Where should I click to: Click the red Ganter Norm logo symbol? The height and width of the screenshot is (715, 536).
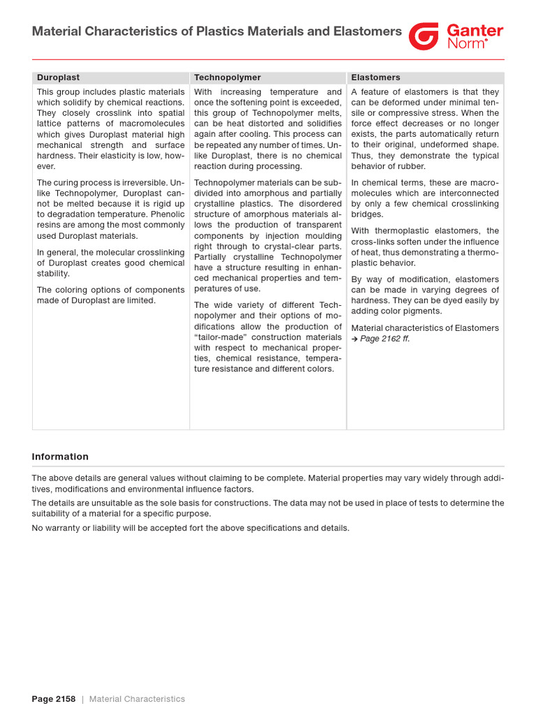coord(424,36)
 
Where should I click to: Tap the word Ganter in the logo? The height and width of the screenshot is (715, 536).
coord(475,31)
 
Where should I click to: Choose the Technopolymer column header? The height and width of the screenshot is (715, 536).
coord(228,78)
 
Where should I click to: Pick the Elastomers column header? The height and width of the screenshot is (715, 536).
coord(375,78)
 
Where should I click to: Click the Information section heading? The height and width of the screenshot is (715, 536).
coord(60,457)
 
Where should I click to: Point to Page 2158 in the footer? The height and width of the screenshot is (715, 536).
coord(54,699)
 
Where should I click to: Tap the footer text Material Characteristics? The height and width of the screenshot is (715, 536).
coord(137,699)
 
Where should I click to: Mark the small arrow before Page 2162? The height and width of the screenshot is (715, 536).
coord(355,339)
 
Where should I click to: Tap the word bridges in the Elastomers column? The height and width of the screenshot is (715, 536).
coord(367,214)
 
